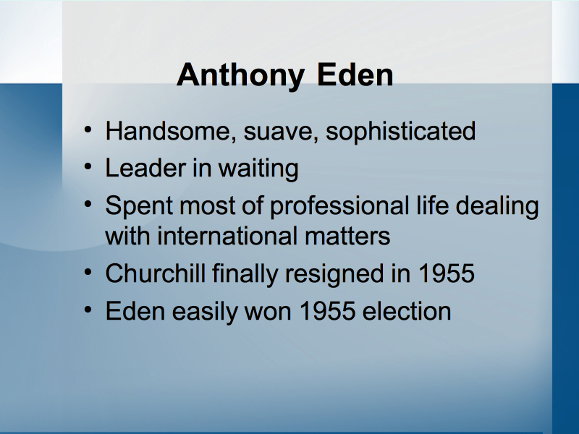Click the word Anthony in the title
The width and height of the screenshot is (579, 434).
tap(241, 76)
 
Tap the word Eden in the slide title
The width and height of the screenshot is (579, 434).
tap(355, 75)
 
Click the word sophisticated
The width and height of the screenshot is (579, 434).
tap(401, 132)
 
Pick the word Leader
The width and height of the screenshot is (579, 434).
tap(145, 168)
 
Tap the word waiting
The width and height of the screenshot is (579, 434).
tap(258, 169)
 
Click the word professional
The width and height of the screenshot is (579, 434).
tap(339, 205)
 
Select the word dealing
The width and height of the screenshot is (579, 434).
tap(497, 205)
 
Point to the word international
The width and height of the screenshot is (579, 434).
tap(227, 237)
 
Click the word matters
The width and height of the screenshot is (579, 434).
tap(347, 237)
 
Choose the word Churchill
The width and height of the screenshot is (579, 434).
tap(156, 273)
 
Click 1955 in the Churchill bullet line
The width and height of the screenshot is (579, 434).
tap(446, 273)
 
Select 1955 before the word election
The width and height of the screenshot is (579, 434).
tap(327, 311)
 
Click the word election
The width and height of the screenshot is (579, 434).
tap(407, 311)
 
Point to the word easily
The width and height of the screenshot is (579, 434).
tap(204, 312)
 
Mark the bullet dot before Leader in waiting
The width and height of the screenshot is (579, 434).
tap(88, 166)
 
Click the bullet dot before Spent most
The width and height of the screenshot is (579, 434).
tap(88, 204)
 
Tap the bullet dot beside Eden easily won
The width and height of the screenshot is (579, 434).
tap(88, 310)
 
